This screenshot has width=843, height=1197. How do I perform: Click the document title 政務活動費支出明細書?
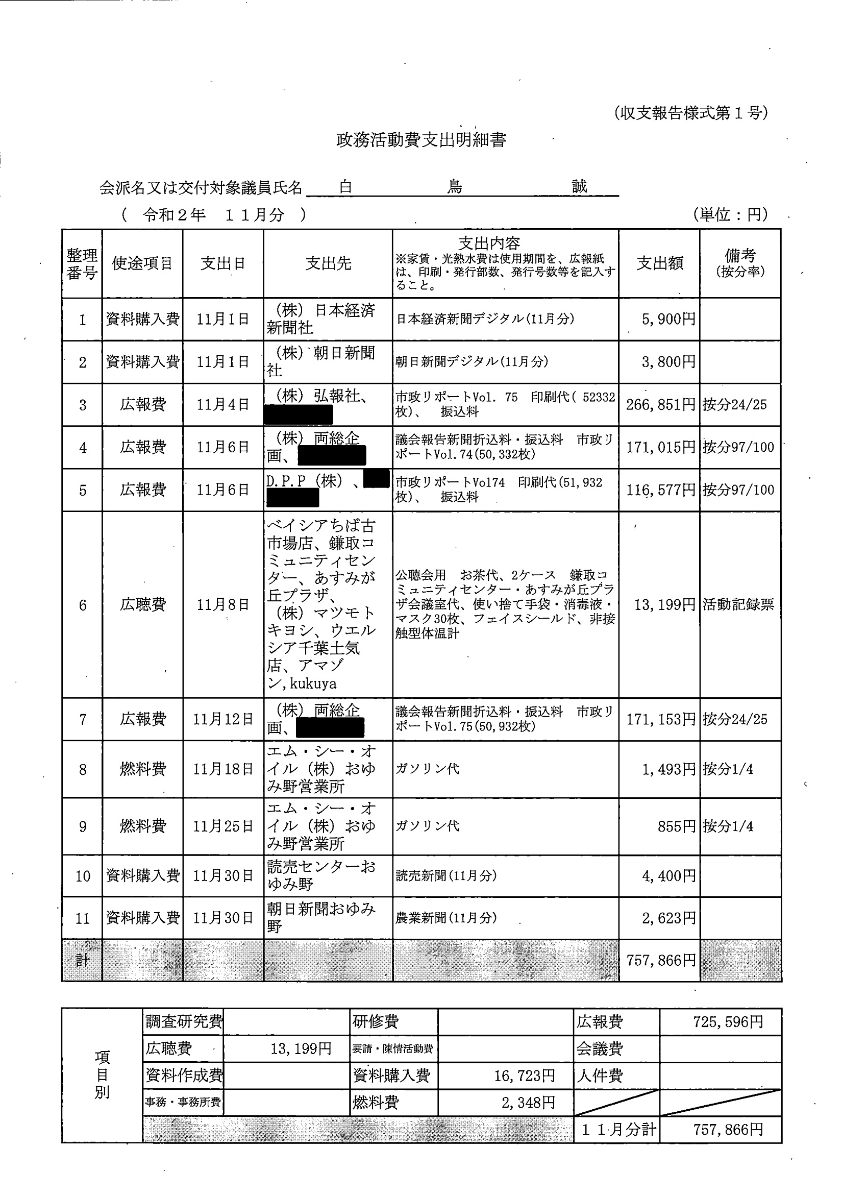(x=420, y=140)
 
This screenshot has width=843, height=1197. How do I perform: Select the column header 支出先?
(x=328, y=264)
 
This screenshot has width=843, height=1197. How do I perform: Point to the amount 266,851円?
(x=660, y=405)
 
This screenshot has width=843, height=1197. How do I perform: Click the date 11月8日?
(x=222, y=605)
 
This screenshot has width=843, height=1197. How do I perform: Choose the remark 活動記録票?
(x=738, y=605)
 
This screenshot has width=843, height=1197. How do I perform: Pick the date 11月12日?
(x=222, y=719)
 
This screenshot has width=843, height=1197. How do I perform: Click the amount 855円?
(x=676, y=826)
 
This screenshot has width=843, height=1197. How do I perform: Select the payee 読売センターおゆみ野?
(x=320, y=875)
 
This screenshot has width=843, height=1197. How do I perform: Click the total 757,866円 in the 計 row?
(x=660, y=960)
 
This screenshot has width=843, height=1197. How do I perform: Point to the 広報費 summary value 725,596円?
(x=728, y=1021)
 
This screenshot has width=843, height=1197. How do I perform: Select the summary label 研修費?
(x=376, y=1021)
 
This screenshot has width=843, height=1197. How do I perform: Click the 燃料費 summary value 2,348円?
(x=528, y=1102)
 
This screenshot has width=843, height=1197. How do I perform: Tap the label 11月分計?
(x=618, y=1130)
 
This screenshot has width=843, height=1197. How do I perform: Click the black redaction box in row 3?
(x=298, y=415)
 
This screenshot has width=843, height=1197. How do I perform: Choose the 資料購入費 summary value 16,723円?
(x=524, y=1075)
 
